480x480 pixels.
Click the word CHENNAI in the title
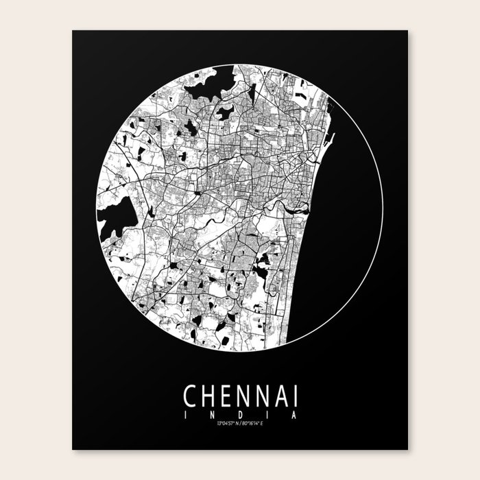pyautogui.click(x=240, y=396)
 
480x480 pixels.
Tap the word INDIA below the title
pyautogui.click(x=240, y=415)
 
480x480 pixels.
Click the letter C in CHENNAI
pyautogui.click(x=189, y=396)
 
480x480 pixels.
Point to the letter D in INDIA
pyautogui.click(x=239, y=415)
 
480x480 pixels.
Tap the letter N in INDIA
pyautogui.click(x=213, y=415)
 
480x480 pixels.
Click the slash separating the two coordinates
pyautogui.click(x=240, y=424)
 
